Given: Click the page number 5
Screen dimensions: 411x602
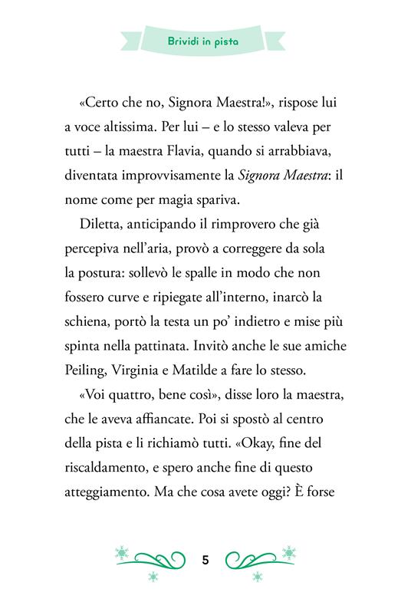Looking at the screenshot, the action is (205, 559).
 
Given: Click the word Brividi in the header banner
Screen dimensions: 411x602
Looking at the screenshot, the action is (188, 41).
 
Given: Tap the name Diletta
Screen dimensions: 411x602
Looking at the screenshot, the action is (100, 225).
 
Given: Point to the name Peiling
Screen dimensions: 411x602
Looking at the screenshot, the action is (99, 370).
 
